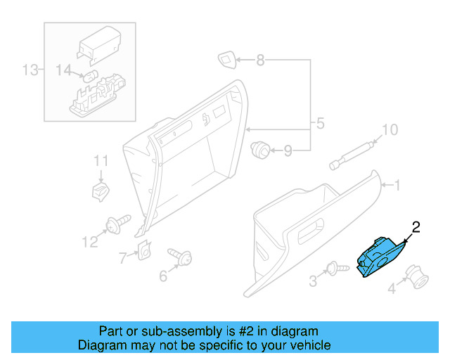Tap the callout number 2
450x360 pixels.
click(x=416, y=226)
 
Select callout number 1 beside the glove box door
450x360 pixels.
click(x=397, y=186)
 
